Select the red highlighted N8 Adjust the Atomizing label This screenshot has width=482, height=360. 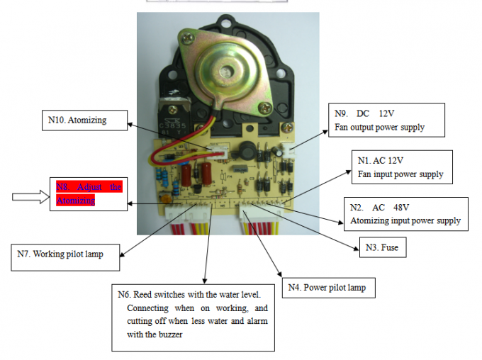pyautogui.click(x=89, y=193)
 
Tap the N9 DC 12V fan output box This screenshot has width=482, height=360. pyautogui.click(x=388, y=120)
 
